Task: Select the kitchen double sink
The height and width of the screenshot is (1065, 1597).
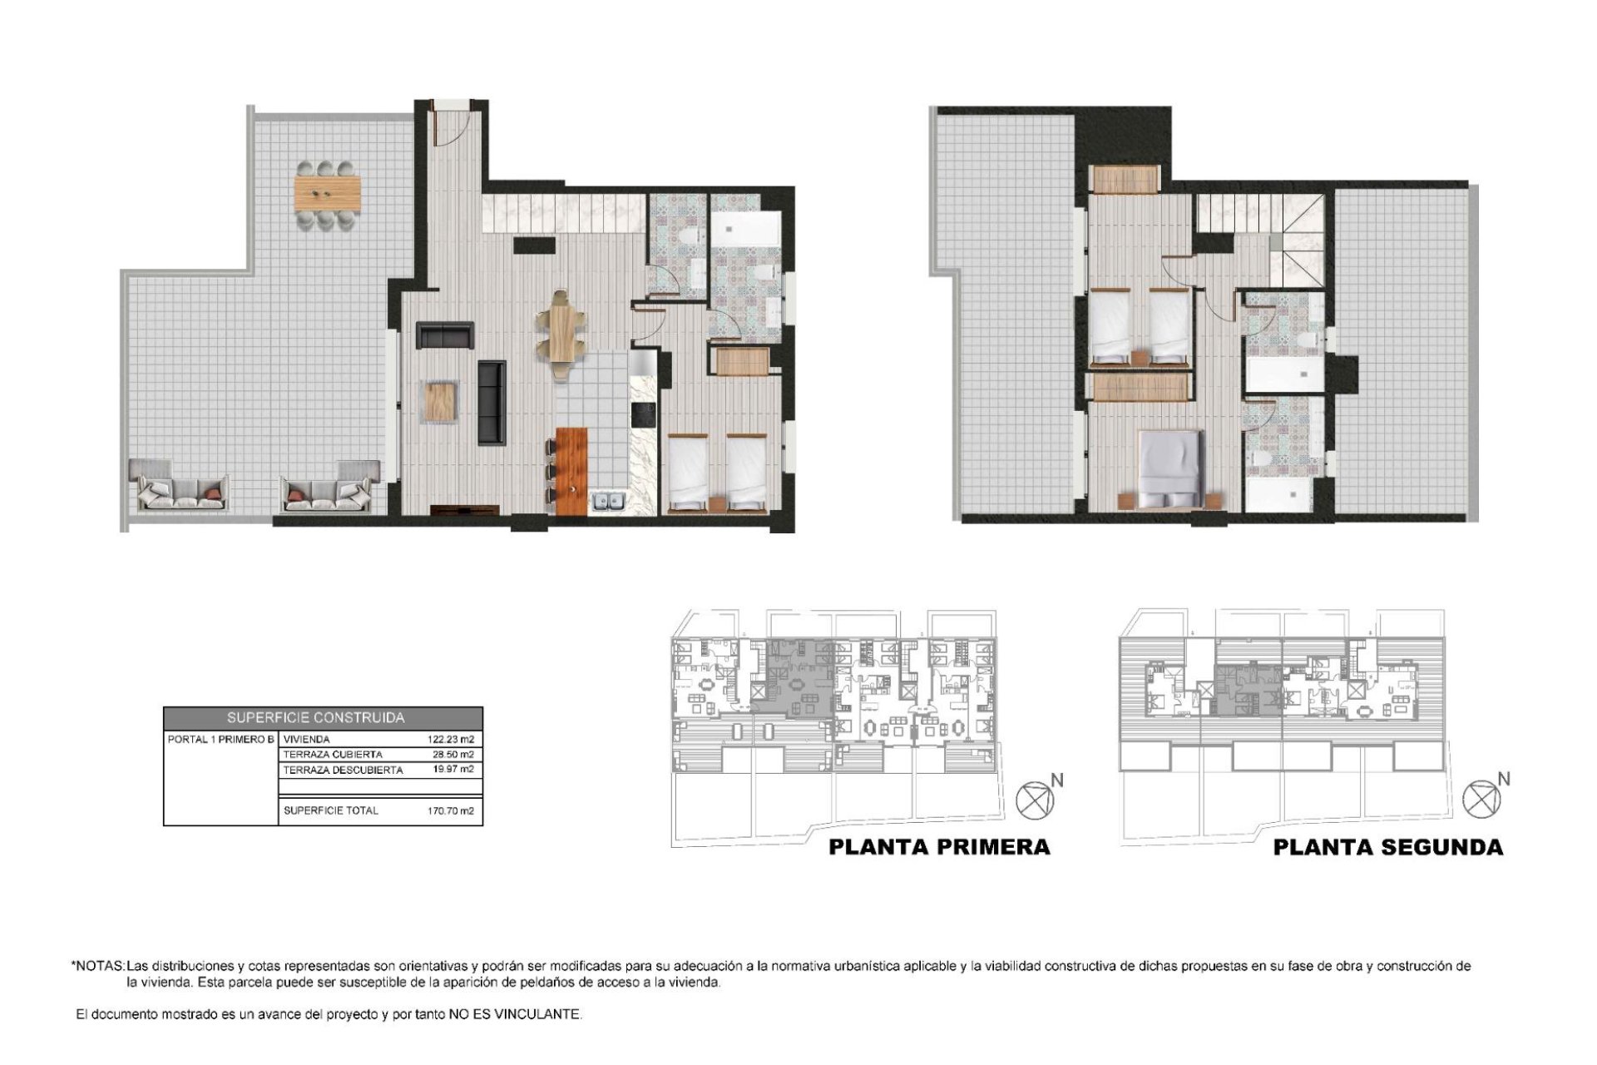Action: point(608,501)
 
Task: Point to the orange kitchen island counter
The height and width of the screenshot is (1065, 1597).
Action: point(571,470)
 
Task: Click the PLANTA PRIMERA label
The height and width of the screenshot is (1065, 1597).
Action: point(940,847)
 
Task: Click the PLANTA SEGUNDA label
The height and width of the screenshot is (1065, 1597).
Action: point(1387,847)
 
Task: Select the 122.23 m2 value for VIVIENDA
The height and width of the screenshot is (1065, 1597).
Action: point(451,739)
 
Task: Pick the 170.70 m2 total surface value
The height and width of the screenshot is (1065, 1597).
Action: point(451,810)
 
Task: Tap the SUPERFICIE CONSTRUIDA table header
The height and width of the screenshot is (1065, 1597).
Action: point(316,717)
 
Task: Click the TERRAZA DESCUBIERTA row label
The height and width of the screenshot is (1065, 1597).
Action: point(343,770)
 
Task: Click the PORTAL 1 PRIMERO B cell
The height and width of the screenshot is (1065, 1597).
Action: point(220,739)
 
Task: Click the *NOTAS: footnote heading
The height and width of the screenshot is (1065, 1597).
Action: point(98,967)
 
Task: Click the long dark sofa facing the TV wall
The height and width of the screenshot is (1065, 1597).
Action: point(492,402)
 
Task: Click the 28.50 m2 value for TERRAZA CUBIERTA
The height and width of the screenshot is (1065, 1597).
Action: point(453,755)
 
